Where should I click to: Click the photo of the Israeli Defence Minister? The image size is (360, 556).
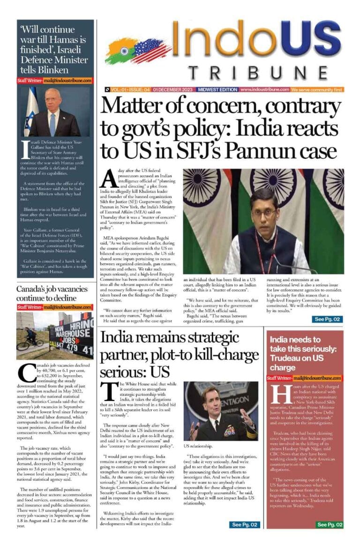point(54,111)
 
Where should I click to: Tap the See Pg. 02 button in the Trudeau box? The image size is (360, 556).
point(330,525)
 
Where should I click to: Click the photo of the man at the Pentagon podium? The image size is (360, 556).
point(220,411)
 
